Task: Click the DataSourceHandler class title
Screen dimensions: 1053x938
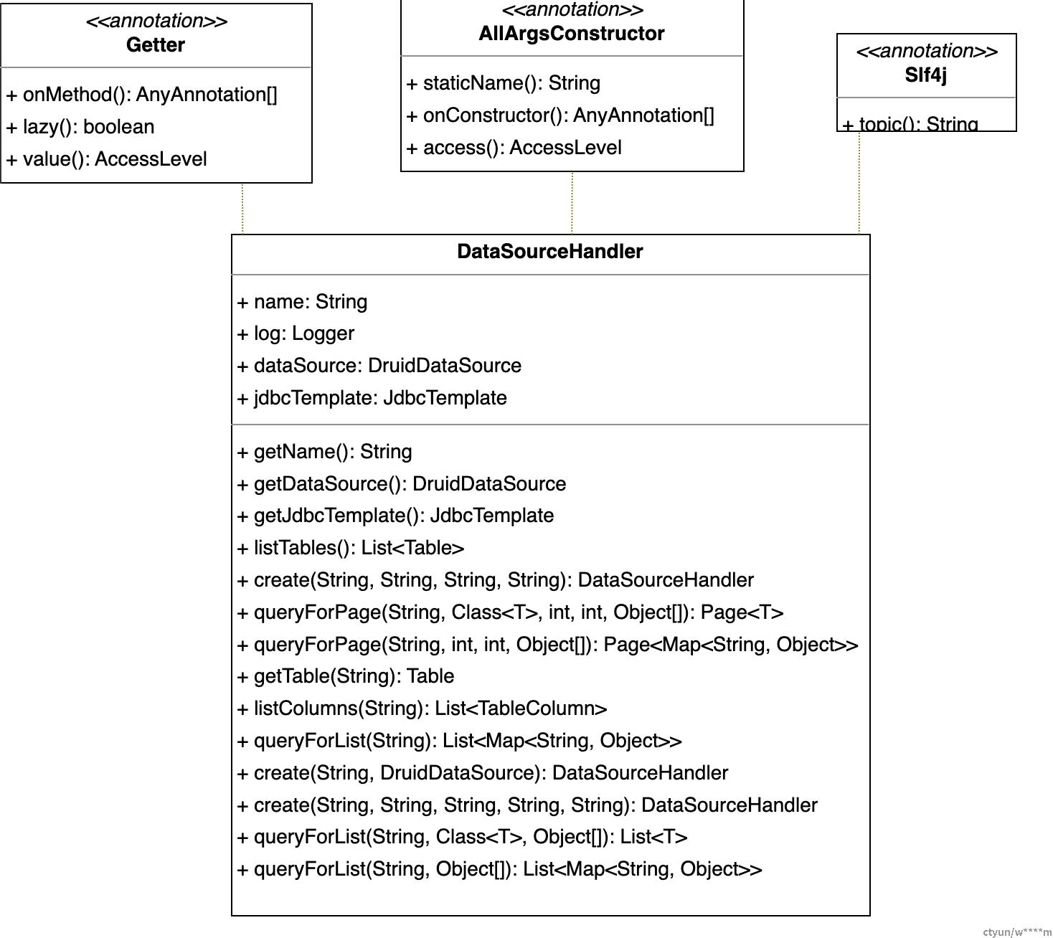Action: [x=549, y=252]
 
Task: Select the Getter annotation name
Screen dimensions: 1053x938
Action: [x=156, y=44]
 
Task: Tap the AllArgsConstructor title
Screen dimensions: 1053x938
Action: [x=571, y=33]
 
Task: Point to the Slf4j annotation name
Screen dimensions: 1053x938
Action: [x=925, y=75]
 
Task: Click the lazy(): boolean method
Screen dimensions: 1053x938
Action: [x=80, y=127]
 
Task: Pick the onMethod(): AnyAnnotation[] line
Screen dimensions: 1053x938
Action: [x=141, y=95]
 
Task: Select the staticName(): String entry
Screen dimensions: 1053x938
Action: [x=503, y=83]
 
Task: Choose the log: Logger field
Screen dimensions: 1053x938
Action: [x=296, y=333]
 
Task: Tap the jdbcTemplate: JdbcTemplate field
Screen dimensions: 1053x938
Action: [x=372, y=398]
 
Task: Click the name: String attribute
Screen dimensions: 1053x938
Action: [x=302, y=302]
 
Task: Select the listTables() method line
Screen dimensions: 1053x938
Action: [x=350, y=548]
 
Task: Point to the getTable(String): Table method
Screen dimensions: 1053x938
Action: [x=346, y=676]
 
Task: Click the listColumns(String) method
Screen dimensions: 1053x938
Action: [x=422, y=709]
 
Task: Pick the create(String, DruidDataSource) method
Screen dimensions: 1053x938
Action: [x=482, y=773]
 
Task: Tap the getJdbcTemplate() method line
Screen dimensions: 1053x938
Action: [x=395, y=516]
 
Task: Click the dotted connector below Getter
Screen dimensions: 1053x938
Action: [x=242, y=209]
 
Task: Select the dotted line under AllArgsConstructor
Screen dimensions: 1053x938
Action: [x=572, y=203]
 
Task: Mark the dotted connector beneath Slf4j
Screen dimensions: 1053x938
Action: [x=859, y=183]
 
